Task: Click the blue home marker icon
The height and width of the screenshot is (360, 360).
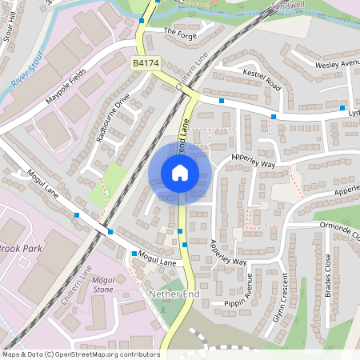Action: (180, 172)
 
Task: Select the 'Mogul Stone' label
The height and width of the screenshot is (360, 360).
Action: (104, 286)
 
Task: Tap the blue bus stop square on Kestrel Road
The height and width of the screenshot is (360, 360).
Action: (274, 117)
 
